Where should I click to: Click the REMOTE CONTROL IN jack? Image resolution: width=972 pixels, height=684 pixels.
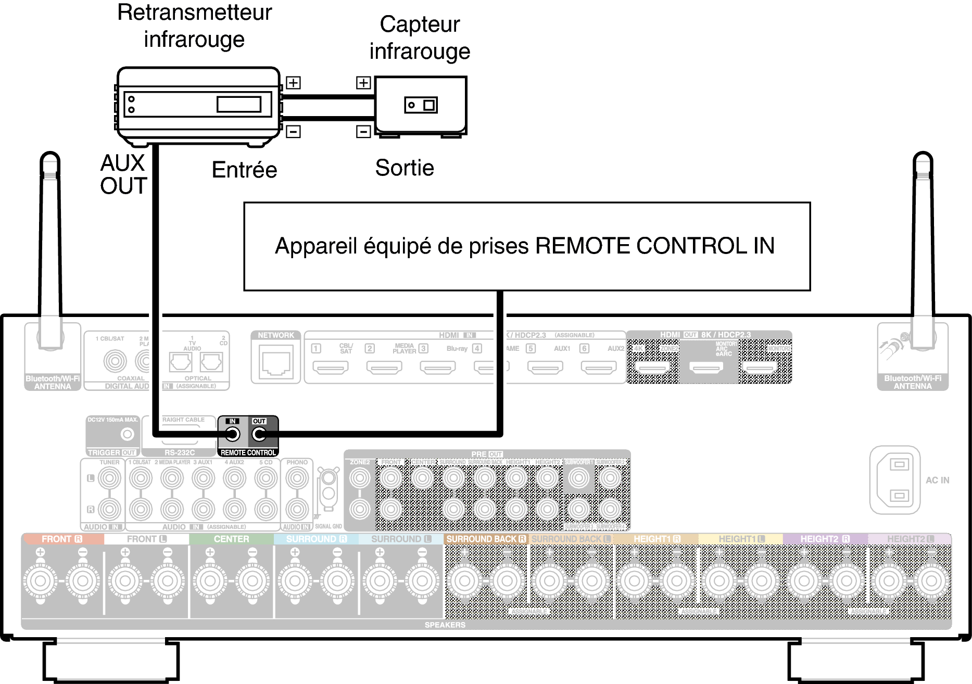(x=232, y=435)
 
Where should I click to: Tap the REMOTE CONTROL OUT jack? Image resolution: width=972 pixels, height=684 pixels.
(x=259, y=435)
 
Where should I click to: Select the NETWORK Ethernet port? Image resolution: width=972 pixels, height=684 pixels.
(x=275, y=362)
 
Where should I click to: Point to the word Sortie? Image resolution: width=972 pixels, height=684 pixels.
(x=405, y=168)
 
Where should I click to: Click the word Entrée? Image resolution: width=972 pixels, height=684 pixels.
(x=244, y=170)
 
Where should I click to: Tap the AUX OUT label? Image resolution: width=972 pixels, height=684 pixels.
(x=123, y=174)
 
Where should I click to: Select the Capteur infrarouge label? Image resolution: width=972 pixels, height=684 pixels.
(x=420, y=37)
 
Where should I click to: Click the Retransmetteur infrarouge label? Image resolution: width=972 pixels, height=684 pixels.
(x=194, y=26)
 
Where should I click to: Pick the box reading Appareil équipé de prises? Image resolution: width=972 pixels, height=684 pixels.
(x=527, y=246)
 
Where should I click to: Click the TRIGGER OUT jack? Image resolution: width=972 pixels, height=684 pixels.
(x=127, y=434)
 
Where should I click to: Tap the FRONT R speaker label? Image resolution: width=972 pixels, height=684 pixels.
(x=62, y=539)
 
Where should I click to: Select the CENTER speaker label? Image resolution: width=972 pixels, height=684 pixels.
(x=231, y=539)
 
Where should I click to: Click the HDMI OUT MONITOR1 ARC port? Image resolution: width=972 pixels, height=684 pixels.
(x=706, y=368)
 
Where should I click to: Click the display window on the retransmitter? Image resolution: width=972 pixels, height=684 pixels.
(x=238, y=104)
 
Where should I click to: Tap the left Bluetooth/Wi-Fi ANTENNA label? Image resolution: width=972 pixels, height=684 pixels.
(x=53, y=382)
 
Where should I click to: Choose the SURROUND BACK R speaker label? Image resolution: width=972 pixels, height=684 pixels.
(x=486, y=539)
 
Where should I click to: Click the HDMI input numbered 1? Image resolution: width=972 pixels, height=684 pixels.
(x=331, y=368)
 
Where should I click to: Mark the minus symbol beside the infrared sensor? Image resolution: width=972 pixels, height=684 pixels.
(x=363, y=131)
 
